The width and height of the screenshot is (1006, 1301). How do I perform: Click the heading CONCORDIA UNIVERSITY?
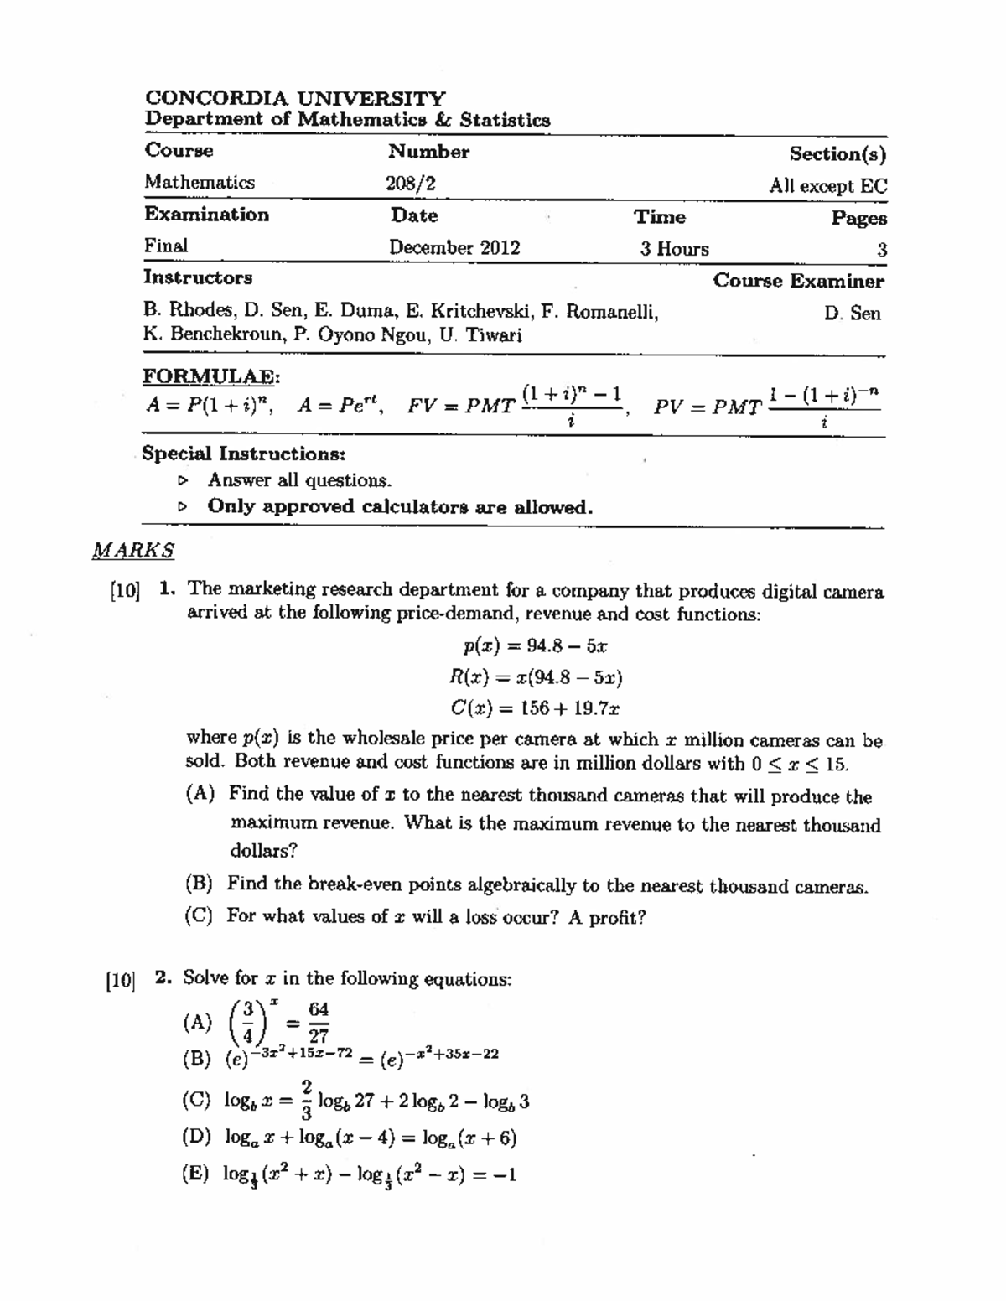tap(295, 99)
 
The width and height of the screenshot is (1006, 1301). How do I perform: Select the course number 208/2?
tap(411, 184)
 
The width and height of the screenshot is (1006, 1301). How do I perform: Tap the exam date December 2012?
tap(454, 248)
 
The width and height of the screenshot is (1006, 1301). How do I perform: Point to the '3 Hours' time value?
tap(674, 249)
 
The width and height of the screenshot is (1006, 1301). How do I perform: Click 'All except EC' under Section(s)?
tap(827, 186)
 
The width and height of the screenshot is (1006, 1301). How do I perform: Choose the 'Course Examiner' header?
tap(798, 281)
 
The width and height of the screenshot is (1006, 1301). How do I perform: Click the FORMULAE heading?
tap(210, 375)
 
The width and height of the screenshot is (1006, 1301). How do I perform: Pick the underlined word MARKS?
tap(133, 551)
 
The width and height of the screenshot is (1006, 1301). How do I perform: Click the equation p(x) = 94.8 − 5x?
tap(536, 645)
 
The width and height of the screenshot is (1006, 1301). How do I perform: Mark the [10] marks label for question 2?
tap(120, 980)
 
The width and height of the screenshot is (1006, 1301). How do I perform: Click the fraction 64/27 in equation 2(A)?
tap(319, 1023)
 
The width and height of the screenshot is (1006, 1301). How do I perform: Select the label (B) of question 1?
tap(199, 884)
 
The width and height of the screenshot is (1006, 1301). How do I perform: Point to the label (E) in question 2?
tap(196, 1174)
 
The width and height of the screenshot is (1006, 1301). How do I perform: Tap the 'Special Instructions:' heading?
tap(243, 454)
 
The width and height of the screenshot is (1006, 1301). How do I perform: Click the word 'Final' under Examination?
tap(166, 246)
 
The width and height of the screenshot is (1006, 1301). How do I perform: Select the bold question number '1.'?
tap(167, 589)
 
